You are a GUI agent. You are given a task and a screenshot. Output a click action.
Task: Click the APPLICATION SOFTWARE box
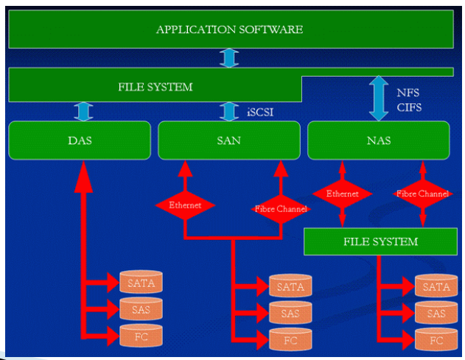tap(231, 29)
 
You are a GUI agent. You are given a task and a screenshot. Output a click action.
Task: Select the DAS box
tap(80, 140)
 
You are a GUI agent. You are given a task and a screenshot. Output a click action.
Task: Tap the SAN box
tap(229, 140)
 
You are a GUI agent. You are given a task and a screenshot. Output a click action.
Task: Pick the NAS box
tap(379, 140)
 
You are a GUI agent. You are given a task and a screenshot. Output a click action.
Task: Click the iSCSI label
tap(260, 112)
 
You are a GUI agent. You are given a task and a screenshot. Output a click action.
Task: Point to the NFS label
tap(408, 93)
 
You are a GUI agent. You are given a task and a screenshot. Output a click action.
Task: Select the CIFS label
tap(409, 107)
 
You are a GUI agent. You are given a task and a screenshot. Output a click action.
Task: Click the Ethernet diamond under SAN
tap(185, 205)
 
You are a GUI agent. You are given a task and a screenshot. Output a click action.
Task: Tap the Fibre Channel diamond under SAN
tap(281, 209)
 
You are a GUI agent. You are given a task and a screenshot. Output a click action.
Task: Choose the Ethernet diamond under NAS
tap(342, 194)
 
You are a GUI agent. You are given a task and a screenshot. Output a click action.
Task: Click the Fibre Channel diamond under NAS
tap(423, 194)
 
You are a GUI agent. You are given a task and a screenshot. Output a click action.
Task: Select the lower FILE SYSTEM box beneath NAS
tap(380, 241)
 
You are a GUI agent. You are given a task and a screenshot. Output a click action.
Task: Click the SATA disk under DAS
tap(141, 282)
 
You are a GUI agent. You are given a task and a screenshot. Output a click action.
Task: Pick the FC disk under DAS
tap(141, 336)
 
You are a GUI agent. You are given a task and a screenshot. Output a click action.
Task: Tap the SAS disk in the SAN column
tap(290, 313)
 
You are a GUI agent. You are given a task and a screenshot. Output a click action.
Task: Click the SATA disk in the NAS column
tap(436, 286)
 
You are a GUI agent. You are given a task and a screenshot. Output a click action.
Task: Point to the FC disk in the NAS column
tap(436, 340)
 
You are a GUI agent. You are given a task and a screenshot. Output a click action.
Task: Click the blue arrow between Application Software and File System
tap(229, 58)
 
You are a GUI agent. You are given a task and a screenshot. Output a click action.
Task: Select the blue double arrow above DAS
tap(83, 111)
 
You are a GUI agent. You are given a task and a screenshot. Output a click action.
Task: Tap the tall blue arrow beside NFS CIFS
tap(379, 98)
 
